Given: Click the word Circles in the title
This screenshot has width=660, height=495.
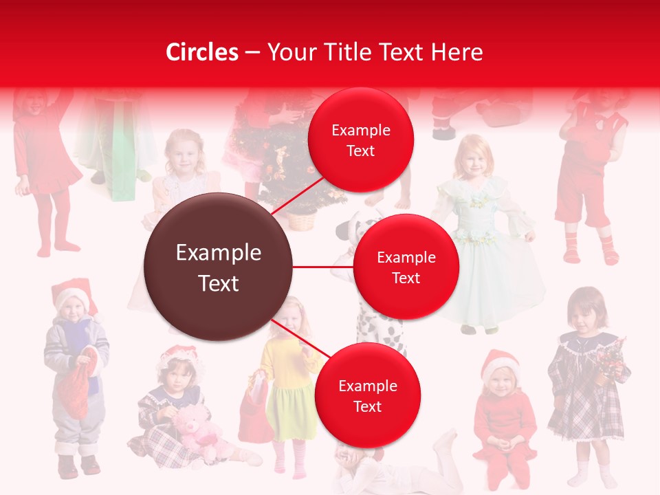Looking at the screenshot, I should pos(202,52).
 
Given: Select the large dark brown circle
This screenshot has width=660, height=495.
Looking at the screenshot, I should pos(219,267).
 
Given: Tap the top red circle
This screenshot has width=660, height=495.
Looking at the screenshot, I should pos(361,140).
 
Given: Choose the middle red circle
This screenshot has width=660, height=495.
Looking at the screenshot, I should pos(406,267).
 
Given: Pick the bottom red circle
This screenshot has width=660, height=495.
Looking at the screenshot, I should pos(367,395).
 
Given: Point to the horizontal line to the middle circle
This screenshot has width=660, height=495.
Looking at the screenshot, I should pos(322,267).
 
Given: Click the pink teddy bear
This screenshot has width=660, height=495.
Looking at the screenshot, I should pos(195,430).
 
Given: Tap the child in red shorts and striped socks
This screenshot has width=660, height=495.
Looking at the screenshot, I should pos(588,179).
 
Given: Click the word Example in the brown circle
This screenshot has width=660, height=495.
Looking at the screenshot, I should pos(219,253).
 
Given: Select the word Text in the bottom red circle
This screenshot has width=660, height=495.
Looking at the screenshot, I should pos(367,406).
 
